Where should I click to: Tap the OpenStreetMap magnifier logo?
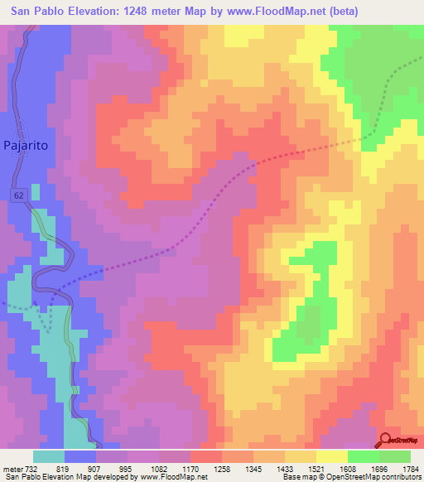click(x=386, y=440)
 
